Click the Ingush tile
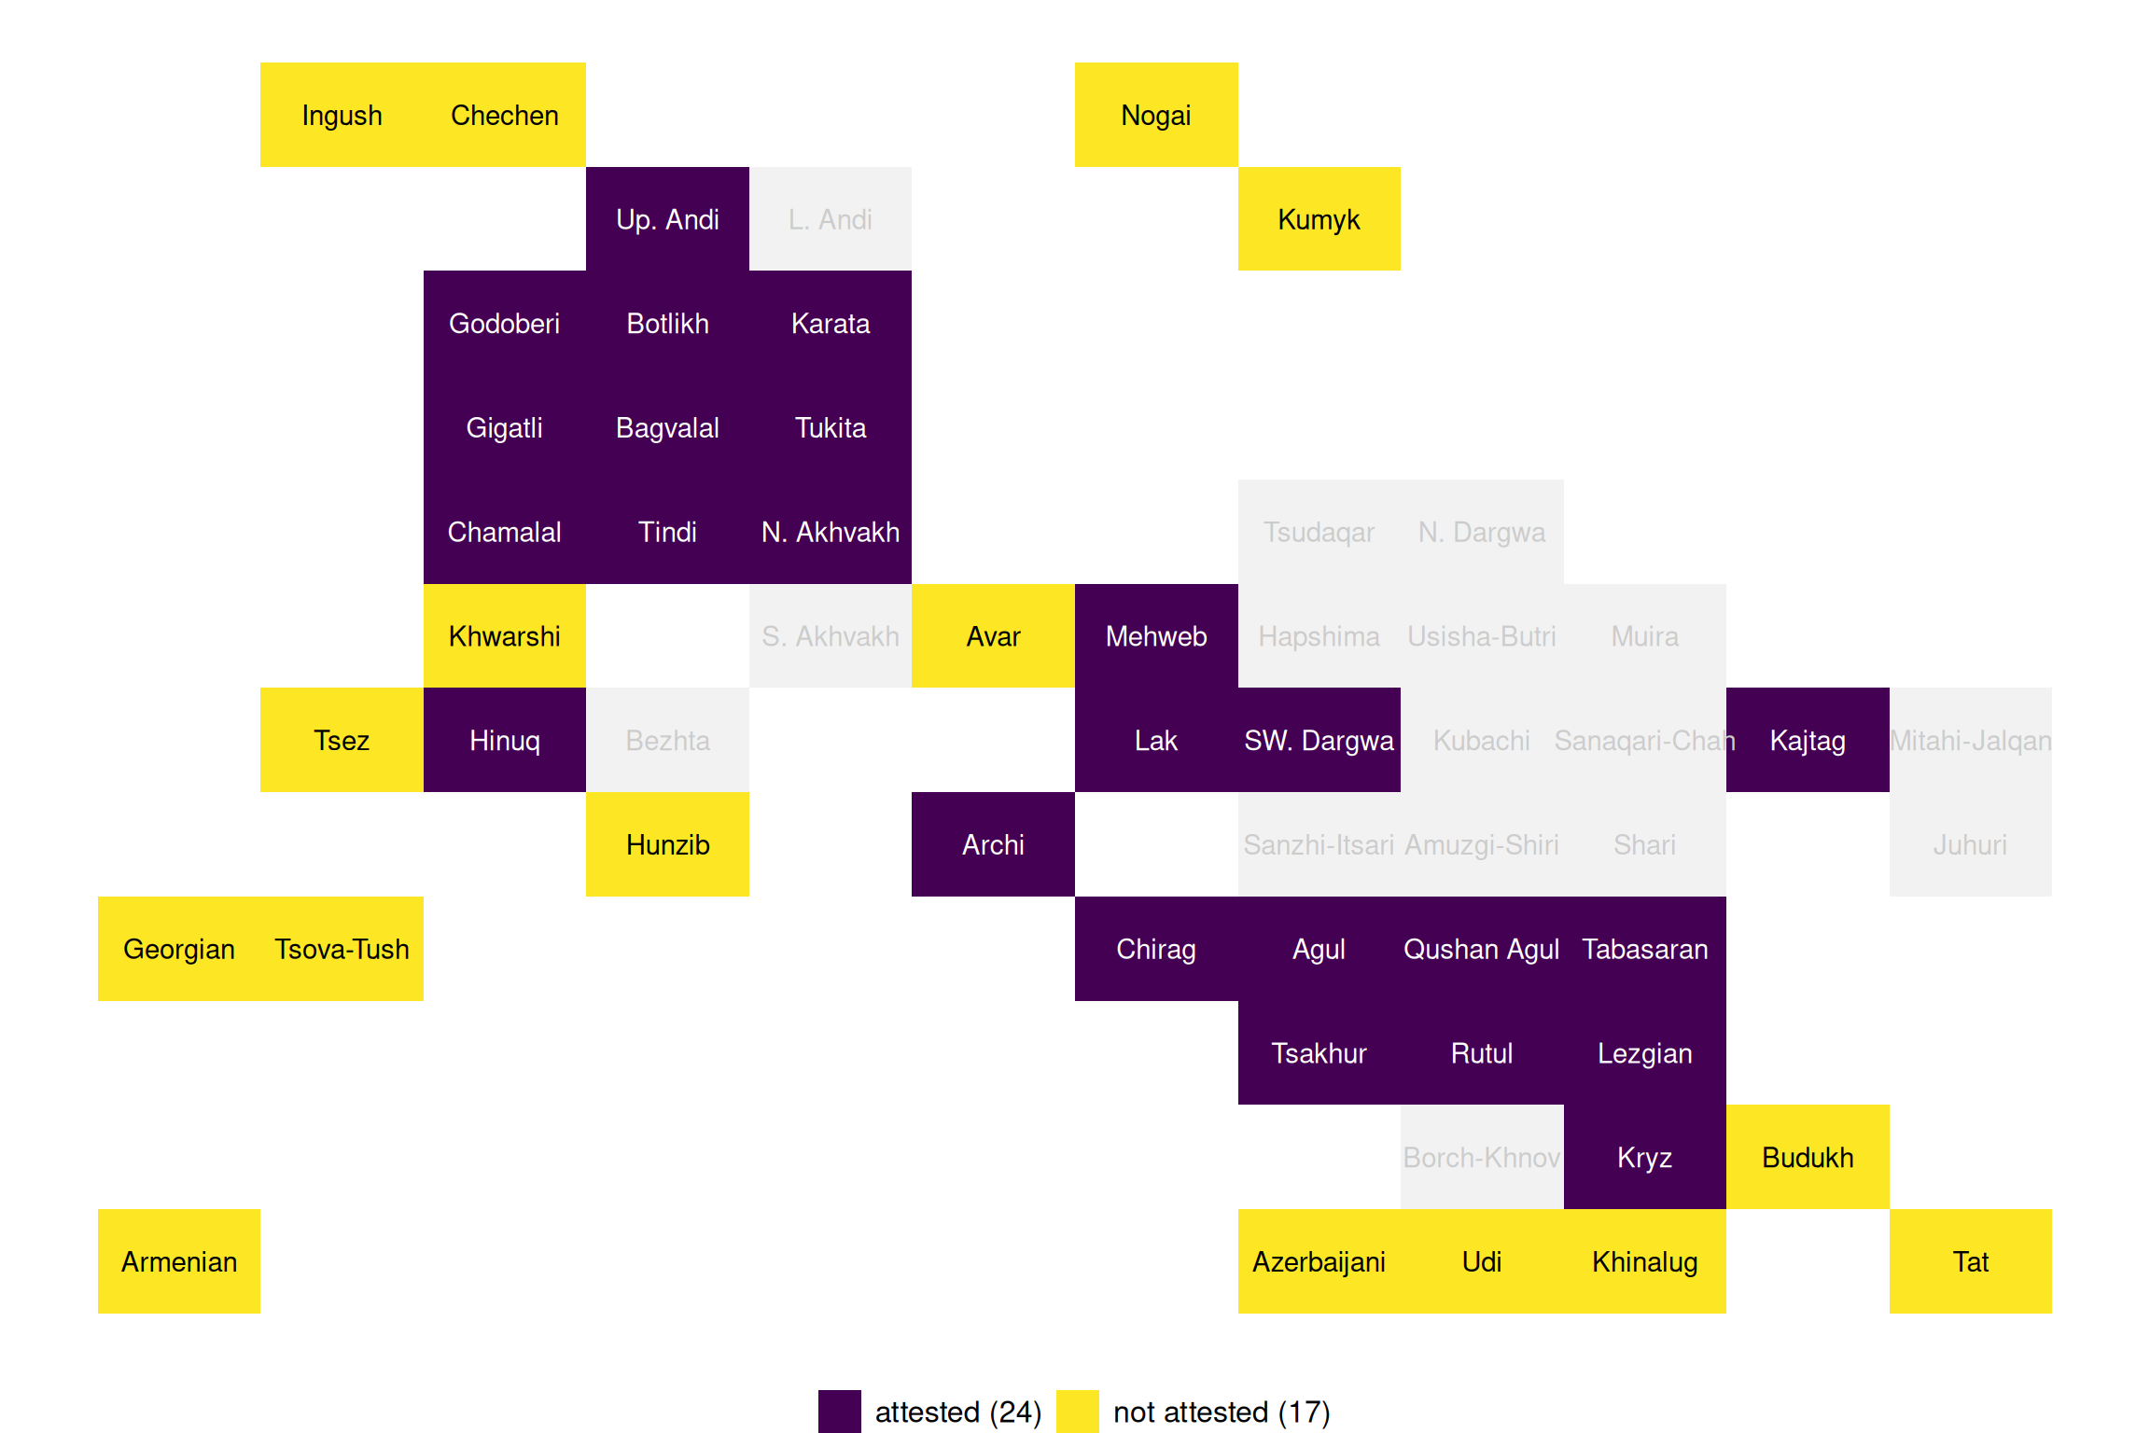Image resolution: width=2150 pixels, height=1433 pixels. click(x=342, y=115)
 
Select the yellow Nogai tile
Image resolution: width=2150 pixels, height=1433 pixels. click(x=1156, y=115)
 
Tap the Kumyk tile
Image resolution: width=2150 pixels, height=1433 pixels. click(x=1319, y=219)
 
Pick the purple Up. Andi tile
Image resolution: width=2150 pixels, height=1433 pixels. click(x=667, y=219)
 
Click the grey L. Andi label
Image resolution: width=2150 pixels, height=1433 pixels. click(x=830, y=219)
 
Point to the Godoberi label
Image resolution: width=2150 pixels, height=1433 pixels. click(x=504, y=324)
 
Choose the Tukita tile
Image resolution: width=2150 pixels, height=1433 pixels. click(x=830, y=428)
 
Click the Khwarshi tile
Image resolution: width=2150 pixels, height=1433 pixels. click(x=504, y=636)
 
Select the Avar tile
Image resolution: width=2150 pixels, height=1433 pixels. click(x=993, y=636)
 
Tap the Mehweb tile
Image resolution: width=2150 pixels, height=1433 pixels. click(x=1156, y=636)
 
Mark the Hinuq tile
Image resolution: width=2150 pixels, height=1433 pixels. click(x=504, y=741)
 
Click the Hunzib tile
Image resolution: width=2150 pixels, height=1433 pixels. click(x=667, y=844)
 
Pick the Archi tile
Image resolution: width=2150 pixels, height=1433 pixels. click(x=993, y=844)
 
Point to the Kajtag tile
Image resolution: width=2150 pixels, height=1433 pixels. click(x=1808, y=741)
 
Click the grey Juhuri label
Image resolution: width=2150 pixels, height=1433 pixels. click(x=1970, y=844)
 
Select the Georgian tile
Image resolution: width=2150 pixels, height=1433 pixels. click(x=179, y=949)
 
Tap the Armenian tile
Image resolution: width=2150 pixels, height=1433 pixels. click(x=179, y=1261)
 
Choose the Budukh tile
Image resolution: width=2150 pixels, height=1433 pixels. click(x=1808, y=1157)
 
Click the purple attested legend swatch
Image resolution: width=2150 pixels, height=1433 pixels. click(x=839, y=1412)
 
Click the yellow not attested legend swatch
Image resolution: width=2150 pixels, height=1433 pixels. click(x=1077, y=1412)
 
